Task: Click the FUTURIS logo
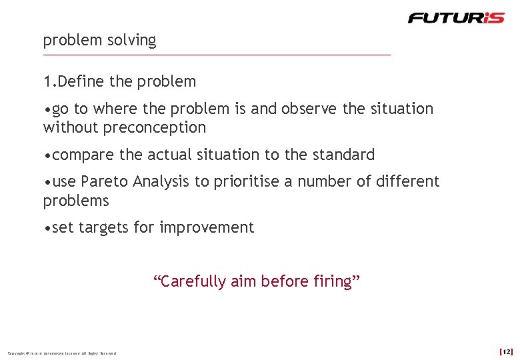pos(457,18)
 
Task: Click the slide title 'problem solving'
pos(99,40)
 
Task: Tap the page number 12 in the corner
pos(506,351)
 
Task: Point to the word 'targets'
pos(103,228)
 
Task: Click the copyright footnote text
pos(62,353)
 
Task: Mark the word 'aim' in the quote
pos(243,281)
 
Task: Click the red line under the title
pos(217,55)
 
